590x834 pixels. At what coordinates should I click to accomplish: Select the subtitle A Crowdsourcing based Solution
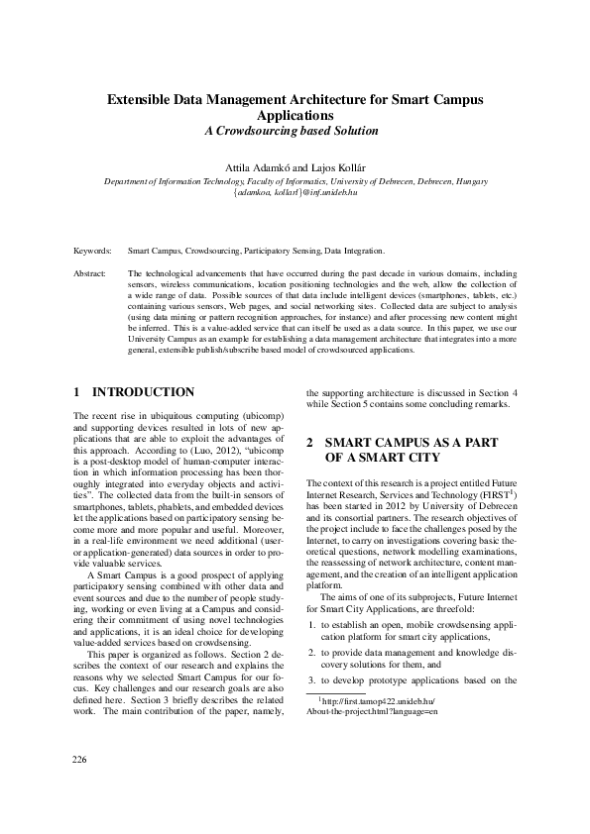click(295, 131)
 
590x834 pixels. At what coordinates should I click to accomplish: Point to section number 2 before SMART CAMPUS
click(310, 443)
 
